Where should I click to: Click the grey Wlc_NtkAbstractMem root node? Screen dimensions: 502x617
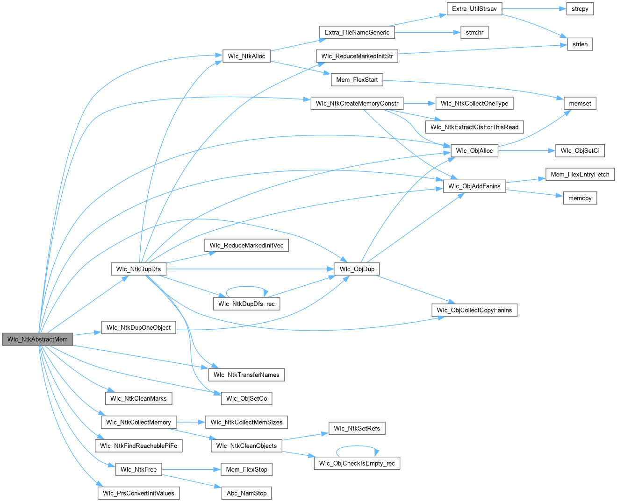(x=37, y=339)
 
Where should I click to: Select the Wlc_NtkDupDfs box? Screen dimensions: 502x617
(x=138, y=269)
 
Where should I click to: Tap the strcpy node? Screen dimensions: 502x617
(x=580, y=9)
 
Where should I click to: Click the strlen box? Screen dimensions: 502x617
(x=580, y=44)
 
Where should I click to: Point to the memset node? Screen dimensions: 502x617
(x=580, y=104)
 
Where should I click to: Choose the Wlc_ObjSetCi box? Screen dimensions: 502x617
(x=580, y=151)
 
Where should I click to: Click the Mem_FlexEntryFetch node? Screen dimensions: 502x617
(x=580, y=175)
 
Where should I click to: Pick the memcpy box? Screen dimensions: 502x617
(x=580, y=198)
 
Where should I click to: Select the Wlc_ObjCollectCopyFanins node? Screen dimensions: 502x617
(x=474, y=310)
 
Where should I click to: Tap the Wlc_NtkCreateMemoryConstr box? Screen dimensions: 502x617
(x=357, y=104)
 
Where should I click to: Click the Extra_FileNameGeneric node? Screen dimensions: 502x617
(x=357, y=33)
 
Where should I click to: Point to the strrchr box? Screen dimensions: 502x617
(x=474, y=33)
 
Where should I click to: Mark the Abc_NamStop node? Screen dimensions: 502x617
(x=246, y=493)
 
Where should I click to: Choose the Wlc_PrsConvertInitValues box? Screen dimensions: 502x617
(x=138, y=493)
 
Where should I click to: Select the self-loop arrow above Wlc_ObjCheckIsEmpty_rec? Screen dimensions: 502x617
(x=357, y=446)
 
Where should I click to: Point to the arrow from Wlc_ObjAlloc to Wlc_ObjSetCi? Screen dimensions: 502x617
(x=526, y=151)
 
